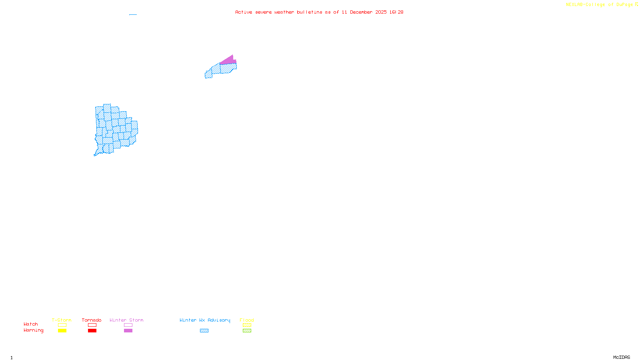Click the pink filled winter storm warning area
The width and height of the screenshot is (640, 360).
(229, 60)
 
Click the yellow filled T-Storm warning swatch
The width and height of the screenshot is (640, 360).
(62, 331)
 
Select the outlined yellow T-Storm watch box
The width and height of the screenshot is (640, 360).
(62, 325)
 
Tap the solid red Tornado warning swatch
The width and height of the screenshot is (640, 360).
(92, 331)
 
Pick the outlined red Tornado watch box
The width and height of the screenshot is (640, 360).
(92, 325)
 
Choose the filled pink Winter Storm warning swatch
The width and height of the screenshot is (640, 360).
(128, 331)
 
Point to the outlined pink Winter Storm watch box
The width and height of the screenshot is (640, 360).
(128, 325)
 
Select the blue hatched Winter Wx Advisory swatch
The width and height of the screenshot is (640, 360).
(204, 331)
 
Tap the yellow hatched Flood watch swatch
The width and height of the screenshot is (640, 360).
(247, 325)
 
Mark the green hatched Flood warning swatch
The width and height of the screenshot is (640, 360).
(247, 331)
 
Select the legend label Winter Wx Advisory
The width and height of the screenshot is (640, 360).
(205, 320)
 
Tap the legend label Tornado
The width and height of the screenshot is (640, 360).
(92, 320)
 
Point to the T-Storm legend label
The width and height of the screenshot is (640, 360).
(62, 320)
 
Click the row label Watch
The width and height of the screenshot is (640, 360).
(31, 324)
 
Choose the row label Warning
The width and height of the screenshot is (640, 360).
(33, 330)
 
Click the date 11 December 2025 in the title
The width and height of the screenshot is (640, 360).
(364, 12)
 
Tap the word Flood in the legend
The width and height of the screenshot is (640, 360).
(247, 320)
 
